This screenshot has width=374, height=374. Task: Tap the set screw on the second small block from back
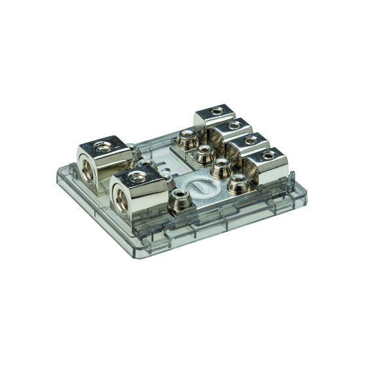point(233,125)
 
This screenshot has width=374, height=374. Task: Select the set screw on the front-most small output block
point(269,156)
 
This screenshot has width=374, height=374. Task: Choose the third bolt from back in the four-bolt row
point(219,166)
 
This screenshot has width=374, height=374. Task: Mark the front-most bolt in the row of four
point(236,181)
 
